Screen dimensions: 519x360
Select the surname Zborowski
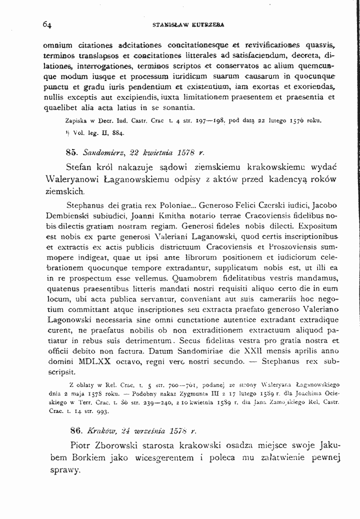point(126,444)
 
